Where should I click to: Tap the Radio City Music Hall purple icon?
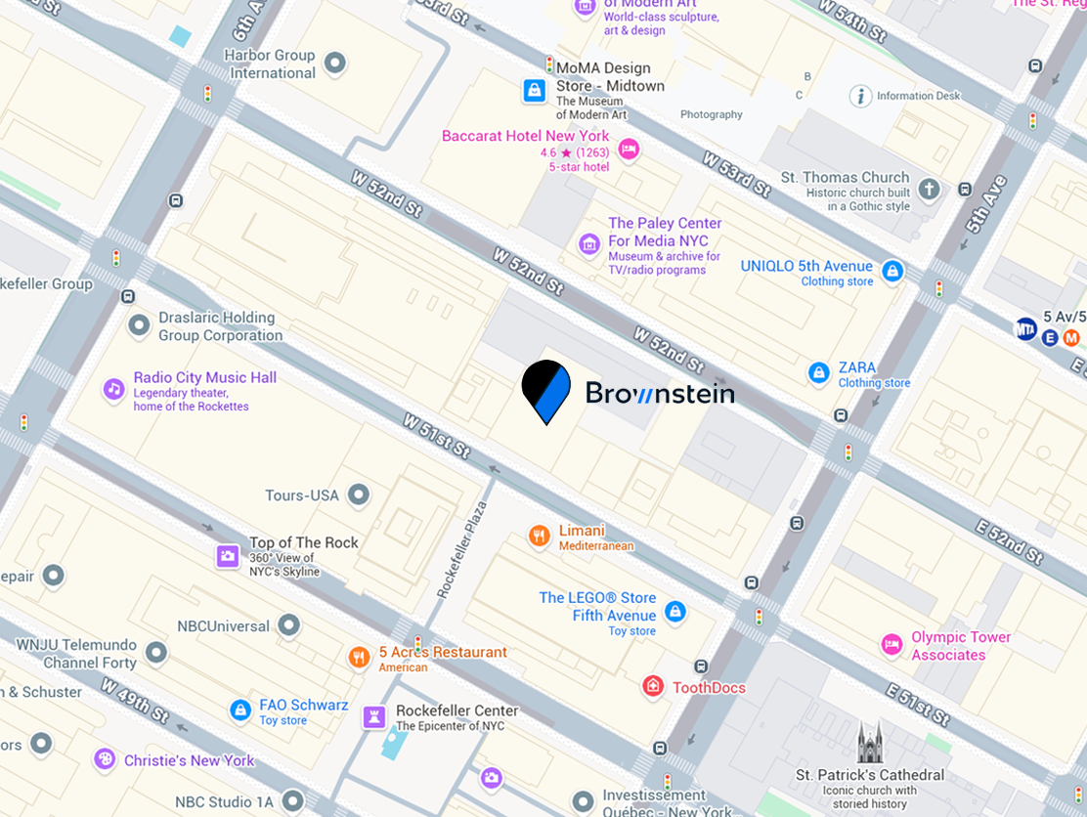114,389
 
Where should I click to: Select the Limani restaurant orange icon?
539,536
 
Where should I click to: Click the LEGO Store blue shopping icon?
674,612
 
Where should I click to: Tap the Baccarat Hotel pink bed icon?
629,149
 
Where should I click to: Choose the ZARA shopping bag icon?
819,372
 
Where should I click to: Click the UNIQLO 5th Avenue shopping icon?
891,272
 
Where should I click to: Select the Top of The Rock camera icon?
228,556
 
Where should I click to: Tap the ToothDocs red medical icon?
653,687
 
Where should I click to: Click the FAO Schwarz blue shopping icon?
240,710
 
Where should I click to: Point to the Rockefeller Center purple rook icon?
373,717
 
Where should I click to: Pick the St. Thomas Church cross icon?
929,189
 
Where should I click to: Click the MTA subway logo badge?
1025,327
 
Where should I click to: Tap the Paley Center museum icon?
588,243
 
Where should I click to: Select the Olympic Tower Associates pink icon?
891,644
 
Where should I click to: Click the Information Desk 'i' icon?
860,96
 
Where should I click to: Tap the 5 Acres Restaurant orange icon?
360,657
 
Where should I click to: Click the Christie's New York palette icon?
104,759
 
